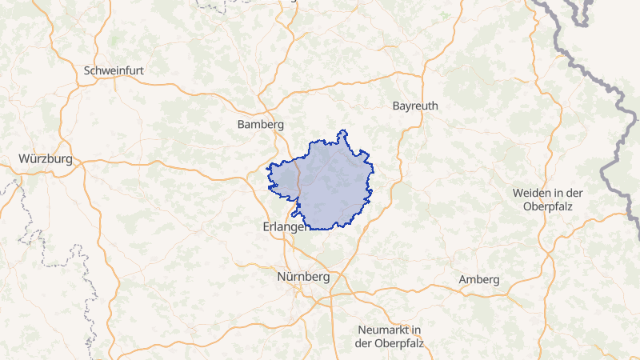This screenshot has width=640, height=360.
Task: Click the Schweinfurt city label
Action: click(x=114, y=70)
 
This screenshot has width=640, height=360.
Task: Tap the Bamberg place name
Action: click(x=261, y=125)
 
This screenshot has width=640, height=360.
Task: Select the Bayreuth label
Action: click(x=417, y=106)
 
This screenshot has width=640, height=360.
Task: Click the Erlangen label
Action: click(x=286, y=227)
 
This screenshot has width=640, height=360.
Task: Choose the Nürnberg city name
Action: click(x=302, y=277)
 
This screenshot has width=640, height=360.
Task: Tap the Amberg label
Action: click(x=479, y=279)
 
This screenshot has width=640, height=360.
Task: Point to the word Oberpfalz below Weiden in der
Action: click(x=549, y=206)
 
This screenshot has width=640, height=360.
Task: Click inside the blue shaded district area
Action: click(x=332, y=184)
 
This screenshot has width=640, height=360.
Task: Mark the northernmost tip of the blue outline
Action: click(x=343, y=130)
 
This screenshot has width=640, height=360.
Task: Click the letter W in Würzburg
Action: click(x=25, y=158)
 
